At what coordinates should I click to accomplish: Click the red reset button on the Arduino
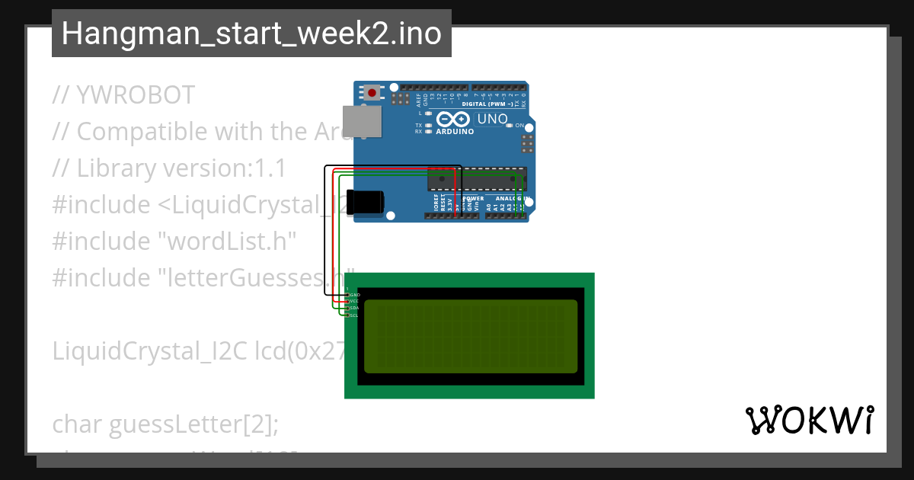(372, 93)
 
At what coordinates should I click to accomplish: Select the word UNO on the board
(492, 119)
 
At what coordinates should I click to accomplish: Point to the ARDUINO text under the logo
(455, 131)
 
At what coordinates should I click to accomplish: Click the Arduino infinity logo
(454, 120)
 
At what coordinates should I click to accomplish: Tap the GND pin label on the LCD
(354, 294)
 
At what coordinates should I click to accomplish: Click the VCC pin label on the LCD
(354, 301)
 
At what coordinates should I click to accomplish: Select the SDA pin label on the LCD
(354, 308)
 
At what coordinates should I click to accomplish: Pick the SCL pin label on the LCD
(354, 315)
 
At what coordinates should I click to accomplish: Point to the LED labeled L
(429, 113)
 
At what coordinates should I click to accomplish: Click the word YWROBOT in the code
(136, 95)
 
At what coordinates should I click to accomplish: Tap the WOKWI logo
(809, 421)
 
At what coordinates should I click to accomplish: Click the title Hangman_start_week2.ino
(251, 34)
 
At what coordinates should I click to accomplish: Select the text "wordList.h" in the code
(226, 241)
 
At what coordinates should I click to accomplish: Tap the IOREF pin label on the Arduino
(437, 203)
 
